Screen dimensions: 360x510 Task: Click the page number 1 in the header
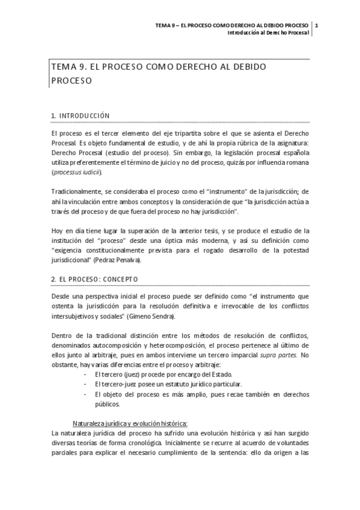tap(317, 25)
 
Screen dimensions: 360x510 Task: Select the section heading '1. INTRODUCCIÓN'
tap(81, 115)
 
